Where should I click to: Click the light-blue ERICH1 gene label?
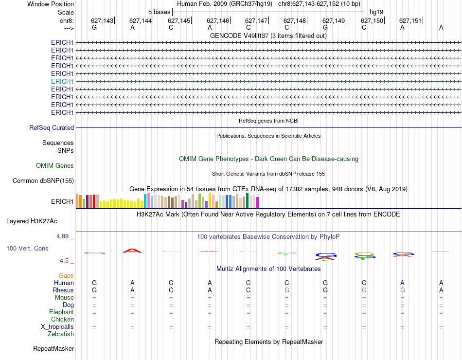pyautogui.click(x=62, y=81)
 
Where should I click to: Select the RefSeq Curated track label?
pyautogui.click(x=52, y=128)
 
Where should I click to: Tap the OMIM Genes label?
pyautogui.click(x=55, y=166)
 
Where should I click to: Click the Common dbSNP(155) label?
pyautogui.click(x=43, y=181)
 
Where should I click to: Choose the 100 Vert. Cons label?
pyautogui.click(x=27, y=249)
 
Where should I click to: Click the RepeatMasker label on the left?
pyautogui.click(x=53, y=349)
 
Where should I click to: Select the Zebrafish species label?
pyautogui.click(x=61, y=334)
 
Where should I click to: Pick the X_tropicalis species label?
pyautogui.click(x=57, y=327)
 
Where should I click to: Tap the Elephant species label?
pyautogui.click(x=61, y=312)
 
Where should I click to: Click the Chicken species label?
pyautogui.click(x=62, y=320)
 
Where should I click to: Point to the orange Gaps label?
pyautogui.click(x=66, y=276)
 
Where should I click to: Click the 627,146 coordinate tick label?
pyautogui.click(x=217, y=20)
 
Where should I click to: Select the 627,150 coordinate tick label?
pyautogui.click(x=372, y=20)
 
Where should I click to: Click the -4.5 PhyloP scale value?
pyautogui.click(x=63, y=261)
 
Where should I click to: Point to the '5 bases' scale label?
pyautogui.click(x=159, y=12)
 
